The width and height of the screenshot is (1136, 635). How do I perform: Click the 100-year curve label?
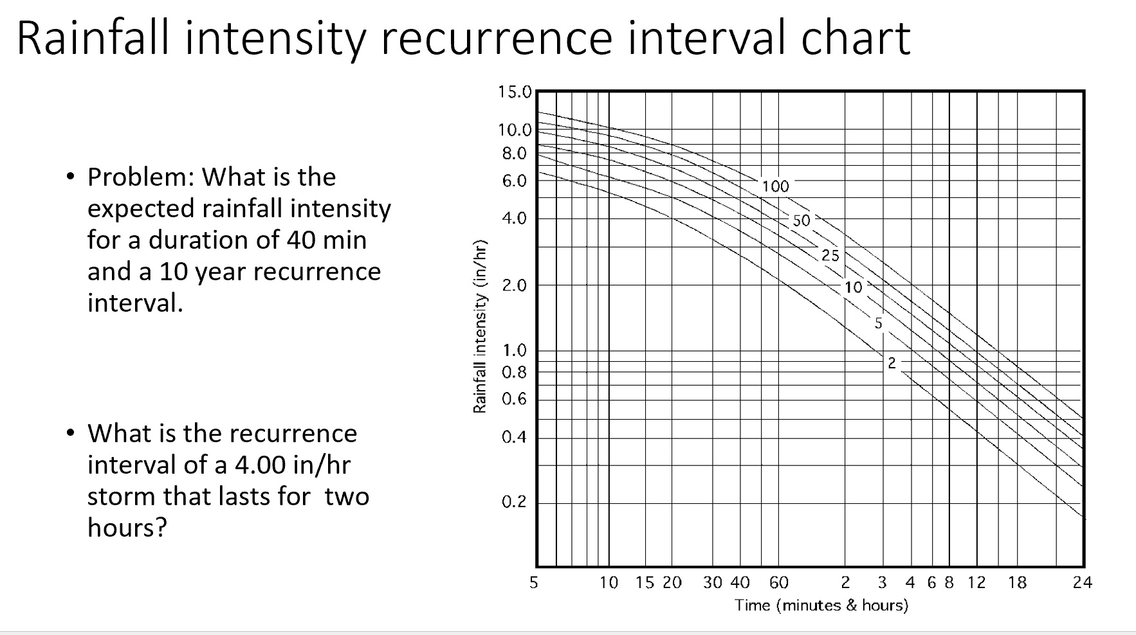[775, 186]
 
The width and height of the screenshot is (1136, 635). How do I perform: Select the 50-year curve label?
[801, 220]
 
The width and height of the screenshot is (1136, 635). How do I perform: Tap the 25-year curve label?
[830, 255]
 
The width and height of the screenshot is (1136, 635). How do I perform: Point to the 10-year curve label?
[853, 287]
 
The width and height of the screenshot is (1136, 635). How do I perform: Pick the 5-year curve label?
[878, 323]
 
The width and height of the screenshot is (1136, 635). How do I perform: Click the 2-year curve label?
[892, 363]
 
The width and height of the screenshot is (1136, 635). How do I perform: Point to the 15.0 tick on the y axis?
[515, 92]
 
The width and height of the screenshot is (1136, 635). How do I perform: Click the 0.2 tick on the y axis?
[514, 502]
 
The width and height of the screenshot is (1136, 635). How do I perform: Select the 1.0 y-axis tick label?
[514, 351]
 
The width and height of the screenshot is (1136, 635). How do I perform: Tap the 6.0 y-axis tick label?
[514, 181]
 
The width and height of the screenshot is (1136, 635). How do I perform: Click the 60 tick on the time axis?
[778, 583]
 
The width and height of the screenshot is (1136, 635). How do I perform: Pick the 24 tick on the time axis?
[1082, 583]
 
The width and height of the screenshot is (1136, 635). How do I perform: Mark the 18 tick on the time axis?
[1017, 583]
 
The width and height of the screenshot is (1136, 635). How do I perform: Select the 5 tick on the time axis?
[533, 583]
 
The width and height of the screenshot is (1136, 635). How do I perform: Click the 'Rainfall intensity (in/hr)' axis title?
[479, 326]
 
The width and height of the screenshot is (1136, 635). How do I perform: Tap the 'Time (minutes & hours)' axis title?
[821, 605]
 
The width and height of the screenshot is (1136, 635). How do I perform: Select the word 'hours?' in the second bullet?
[127, 528]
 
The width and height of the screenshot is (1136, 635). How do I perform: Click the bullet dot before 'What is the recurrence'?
[70, 433]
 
